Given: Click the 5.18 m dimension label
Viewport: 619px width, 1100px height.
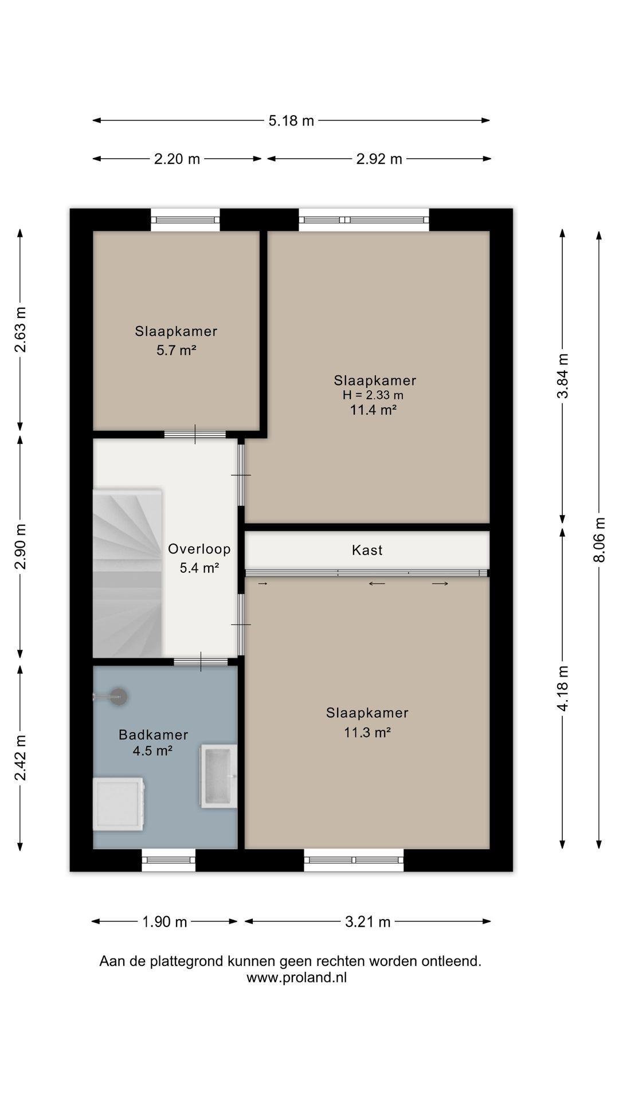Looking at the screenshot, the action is [x=291, y=121].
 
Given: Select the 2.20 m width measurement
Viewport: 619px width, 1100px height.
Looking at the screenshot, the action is [x=177, y=159].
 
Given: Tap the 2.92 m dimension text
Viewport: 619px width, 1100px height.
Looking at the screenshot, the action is [x=379, y=159].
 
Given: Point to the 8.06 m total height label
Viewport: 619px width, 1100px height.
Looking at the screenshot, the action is [x=600, y=540].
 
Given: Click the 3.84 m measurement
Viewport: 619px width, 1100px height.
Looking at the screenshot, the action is [x=563, y=375].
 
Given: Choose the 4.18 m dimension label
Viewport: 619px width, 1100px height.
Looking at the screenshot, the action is [x=563, y=688].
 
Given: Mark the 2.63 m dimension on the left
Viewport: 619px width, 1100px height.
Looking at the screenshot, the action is [x=21, y=329].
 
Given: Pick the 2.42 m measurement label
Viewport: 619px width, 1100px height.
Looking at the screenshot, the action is [x=21, y=757].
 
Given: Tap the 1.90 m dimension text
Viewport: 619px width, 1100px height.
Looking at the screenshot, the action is [x=164, y=921].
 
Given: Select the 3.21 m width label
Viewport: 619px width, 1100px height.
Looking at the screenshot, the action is [x=367, y=921].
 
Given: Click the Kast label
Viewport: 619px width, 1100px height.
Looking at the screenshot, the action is [x=367, y=550].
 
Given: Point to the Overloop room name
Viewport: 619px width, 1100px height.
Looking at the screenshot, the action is [x=199, y=549].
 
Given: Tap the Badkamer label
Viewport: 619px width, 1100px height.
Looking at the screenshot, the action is [x=153, y=734].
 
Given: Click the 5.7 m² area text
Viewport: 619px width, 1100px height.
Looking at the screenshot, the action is [x=176, y=350].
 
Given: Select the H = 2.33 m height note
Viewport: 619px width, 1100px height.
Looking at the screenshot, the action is [x=373, y=395].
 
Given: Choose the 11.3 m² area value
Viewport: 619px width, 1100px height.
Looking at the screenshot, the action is [x=367, y=732].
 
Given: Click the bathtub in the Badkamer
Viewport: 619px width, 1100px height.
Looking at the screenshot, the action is [x=218, y=776].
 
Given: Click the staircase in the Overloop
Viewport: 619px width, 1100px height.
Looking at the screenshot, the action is [x=127, y=573].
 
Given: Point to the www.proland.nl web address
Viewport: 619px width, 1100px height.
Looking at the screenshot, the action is [x=296, y=977].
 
